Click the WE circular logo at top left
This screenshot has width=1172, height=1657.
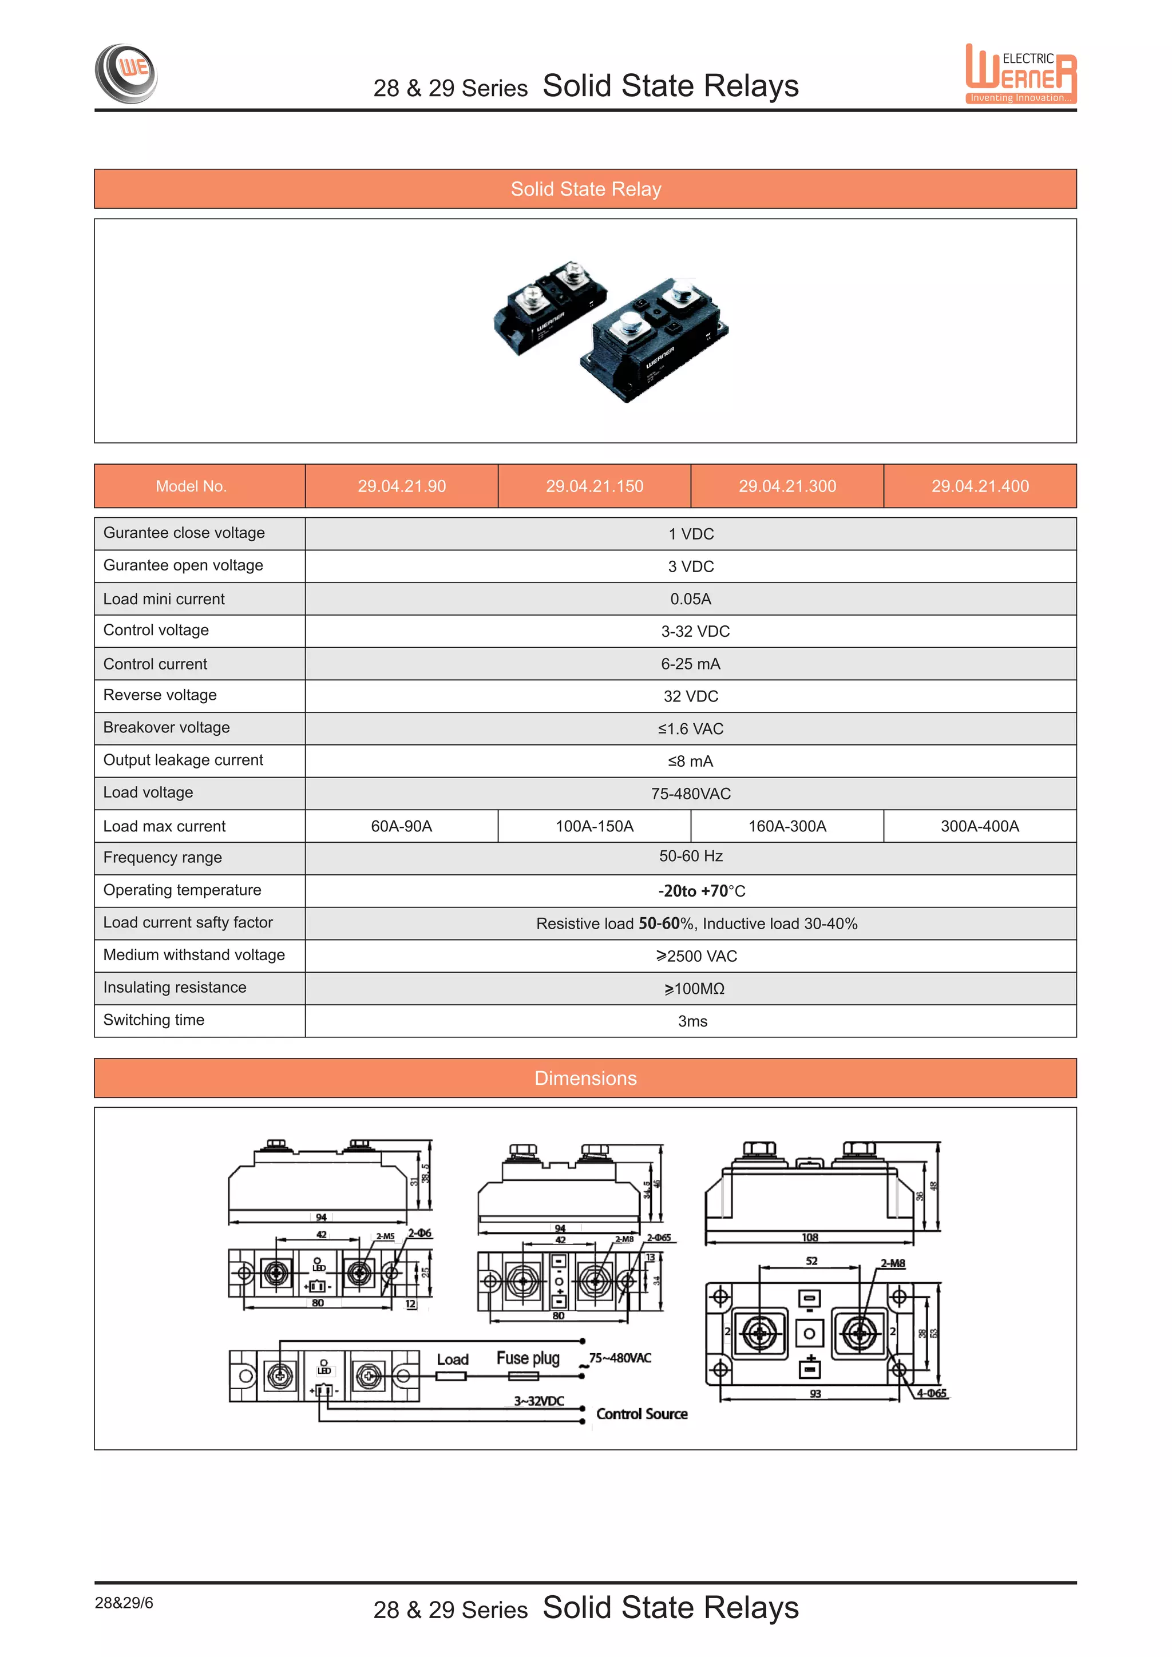pos(126,73)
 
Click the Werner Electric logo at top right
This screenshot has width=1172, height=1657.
pos(1020,74)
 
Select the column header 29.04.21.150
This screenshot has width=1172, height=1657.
pos(594,486)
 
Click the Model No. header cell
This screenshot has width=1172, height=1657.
pos(191,486)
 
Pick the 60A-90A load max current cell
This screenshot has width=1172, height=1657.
pos(401,826)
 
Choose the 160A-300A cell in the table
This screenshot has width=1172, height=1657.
pos(787,826)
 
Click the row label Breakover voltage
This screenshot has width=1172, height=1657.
pos(166,727)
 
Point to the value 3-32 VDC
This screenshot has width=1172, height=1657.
pos(695,632)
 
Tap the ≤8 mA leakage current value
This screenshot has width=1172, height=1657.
pos(690,762)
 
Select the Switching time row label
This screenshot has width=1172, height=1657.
pos(154,1020)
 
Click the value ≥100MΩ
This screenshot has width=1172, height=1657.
pos(694,989)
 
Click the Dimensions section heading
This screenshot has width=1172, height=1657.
pos(585,1078)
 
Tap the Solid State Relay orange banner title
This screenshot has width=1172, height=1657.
pos(585,189)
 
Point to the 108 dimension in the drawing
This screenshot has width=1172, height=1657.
pos(810,1238)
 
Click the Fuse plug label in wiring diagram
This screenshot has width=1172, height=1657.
pos(528,1358)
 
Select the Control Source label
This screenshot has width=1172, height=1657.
pos(642,1414)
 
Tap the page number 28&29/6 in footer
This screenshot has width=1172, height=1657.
pos(124,1603)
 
